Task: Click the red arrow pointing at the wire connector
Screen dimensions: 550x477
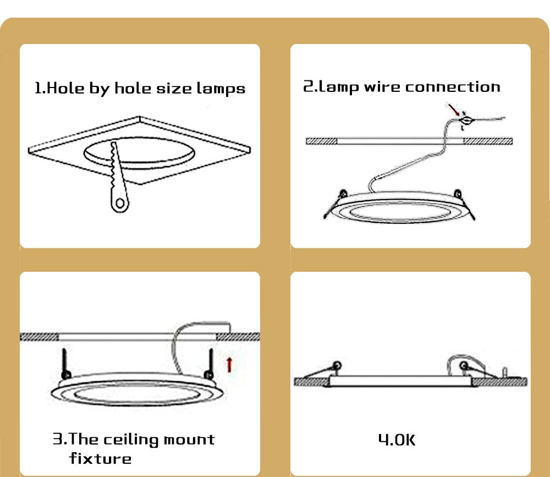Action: point(454,109)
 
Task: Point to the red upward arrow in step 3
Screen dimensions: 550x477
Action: point(229,364)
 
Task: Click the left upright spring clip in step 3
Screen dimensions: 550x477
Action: point(65,363)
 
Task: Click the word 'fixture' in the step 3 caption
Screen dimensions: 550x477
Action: point(101,458)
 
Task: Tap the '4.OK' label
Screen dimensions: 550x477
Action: point(397,440)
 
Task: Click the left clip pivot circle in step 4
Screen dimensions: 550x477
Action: point(337,364)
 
